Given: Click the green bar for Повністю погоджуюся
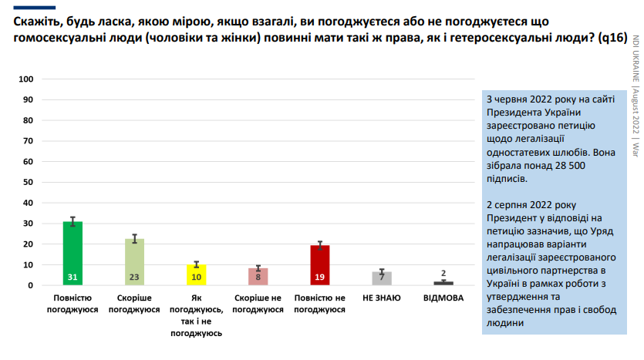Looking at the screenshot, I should pos(72,254).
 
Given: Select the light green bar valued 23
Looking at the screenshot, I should pos(135,262).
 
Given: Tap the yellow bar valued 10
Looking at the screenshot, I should pos(197,275).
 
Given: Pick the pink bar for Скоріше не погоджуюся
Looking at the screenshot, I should pos(258,277).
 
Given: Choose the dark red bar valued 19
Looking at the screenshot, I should pos(319,265).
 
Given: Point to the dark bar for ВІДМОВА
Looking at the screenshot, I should pos(443,283).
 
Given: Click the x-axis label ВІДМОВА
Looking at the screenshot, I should pos(443,298).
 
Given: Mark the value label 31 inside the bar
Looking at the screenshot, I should pos(72,277).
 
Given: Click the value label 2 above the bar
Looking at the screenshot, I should pos(443,273).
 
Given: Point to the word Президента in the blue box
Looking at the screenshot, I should pos(515,113).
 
